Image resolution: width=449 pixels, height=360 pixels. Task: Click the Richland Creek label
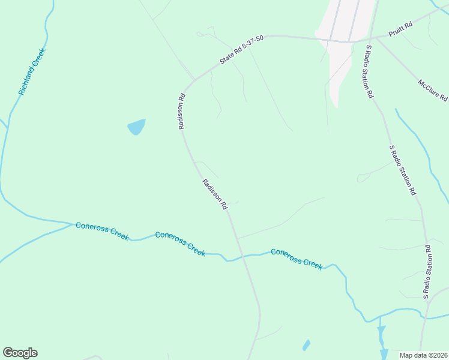(x=32, y=71)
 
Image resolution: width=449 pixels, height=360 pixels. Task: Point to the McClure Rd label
(x=433, y=89)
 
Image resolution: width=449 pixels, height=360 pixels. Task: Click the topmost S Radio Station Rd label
(x=367, y=71)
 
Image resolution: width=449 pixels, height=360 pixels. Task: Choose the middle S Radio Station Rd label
(x=402, y=170)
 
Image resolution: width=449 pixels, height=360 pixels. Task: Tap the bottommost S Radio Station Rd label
(x=426, y=272)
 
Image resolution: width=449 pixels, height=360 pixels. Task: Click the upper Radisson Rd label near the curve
(x=181, y=110)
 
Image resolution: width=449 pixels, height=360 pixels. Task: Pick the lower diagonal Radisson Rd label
(x=215, y=194)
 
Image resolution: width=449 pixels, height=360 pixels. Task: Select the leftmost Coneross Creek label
(x=102, y=231)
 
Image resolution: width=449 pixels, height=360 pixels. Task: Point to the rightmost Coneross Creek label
(x=296, y=259)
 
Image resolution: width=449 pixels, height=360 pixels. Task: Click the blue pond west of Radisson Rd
(x=136, y=127)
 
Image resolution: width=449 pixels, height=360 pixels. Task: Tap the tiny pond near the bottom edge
(x=306, y=346)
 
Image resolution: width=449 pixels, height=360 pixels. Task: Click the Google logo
(x=20, y=353)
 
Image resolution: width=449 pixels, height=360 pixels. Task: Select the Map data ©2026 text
(x=423, y=355)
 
